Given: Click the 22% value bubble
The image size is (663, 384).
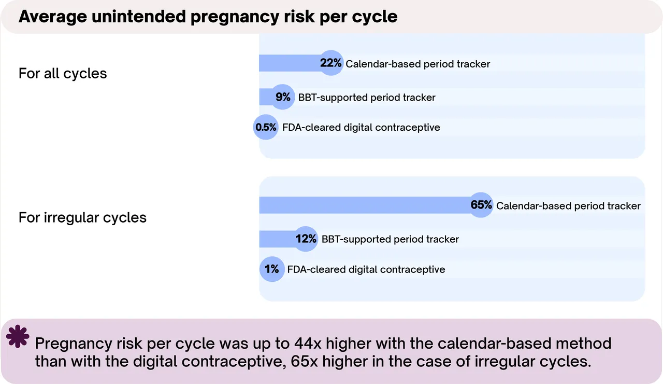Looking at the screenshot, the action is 331,63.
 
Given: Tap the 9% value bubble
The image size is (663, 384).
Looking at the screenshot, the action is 283,97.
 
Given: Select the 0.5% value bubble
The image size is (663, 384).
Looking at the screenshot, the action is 266,127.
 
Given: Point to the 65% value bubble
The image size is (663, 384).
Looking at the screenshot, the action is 481,205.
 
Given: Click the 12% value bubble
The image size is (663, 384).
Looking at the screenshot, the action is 306,239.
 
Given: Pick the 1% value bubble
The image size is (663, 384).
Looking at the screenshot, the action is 272,269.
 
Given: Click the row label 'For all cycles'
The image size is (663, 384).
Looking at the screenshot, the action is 63,74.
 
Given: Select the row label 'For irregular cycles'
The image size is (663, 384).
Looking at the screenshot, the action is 82,217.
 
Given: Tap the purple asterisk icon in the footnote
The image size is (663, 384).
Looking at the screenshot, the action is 18,336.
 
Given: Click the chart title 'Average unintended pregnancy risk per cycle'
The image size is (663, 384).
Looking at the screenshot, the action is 208,17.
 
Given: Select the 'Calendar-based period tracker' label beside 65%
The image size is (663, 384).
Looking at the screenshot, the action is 568,206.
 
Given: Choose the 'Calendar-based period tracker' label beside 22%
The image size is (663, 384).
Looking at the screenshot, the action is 418,64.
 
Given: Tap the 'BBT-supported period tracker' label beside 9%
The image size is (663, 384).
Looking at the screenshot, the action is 367,98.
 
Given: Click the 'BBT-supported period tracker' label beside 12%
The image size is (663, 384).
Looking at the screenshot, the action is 390,239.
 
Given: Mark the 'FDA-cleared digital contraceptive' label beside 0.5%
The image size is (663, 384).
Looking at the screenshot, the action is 361,128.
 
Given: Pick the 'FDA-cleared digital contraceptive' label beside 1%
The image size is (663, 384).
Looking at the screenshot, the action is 366,269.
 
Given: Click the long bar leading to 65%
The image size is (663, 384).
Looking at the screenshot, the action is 365,205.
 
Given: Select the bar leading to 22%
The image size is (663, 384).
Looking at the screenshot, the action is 290,63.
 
